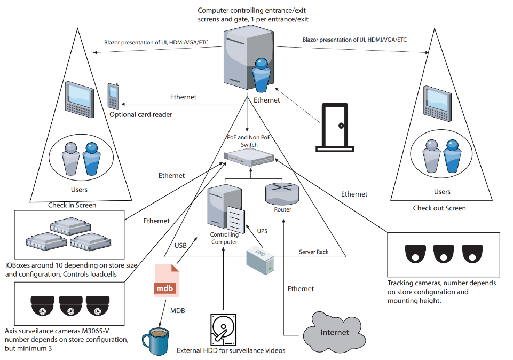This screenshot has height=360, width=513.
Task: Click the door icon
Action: click(335, 128)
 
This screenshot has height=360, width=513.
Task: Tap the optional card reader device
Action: click(113, 96)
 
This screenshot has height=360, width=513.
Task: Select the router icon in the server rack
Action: click(282, 194)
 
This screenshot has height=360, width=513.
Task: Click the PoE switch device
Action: click(249, 157)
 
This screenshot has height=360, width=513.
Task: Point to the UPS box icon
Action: click(261, 261)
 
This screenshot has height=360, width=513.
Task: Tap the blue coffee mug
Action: click(156, 341)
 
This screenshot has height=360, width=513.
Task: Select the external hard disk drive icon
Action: click(223, 330)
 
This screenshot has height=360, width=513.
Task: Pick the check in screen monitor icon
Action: click(80, 99)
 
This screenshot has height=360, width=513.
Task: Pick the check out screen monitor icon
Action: click(437, 104)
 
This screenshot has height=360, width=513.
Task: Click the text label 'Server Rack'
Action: click(313, 252)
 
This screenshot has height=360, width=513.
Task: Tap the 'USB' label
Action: click(180, 246)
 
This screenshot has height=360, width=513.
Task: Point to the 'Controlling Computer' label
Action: click(224, 238)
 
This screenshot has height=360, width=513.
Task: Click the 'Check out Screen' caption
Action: click(439, 208)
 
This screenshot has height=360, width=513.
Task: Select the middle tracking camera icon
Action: click(444, 254)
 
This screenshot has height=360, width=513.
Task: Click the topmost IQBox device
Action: click(70, 226)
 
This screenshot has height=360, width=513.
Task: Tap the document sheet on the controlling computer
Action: click(235, 220)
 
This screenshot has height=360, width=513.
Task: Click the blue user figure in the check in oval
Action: click(91, 159)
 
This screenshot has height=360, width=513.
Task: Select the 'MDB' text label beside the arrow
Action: click(178, 310)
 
